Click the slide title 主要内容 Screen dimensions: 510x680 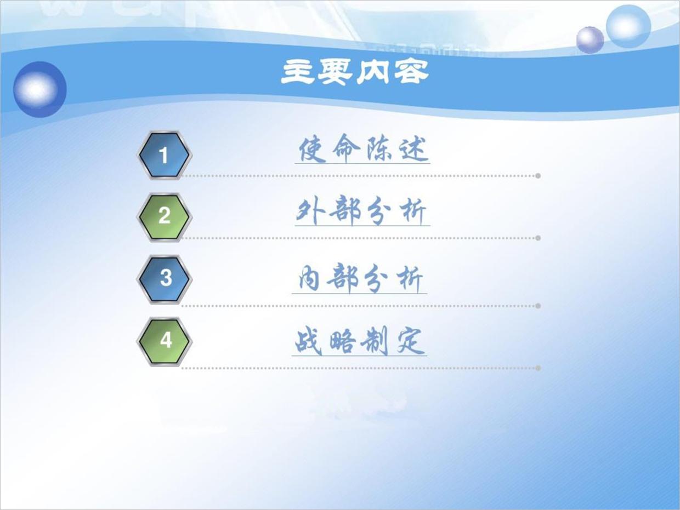click(355, 72)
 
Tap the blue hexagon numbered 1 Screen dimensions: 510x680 click(163, 156)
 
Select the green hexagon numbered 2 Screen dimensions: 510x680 click(164, 216)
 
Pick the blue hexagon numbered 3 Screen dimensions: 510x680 click(164, 278)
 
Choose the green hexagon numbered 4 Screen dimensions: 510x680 click(164, 341)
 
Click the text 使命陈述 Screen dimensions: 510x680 click(362, 149)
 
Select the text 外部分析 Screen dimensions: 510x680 click(361, 211)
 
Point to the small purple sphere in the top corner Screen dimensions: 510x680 click(590, 39)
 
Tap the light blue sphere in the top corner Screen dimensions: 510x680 click(628, 26)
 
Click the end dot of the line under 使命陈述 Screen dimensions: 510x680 click(538, 176)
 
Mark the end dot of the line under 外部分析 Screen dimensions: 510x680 click(538, 238)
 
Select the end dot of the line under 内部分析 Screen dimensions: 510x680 click(538, 306)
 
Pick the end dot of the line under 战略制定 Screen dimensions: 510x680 click(538, 368)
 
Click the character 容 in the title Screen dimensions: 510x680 click(410, 72)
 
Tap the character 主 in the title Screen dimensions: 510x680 click(299, 72)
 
